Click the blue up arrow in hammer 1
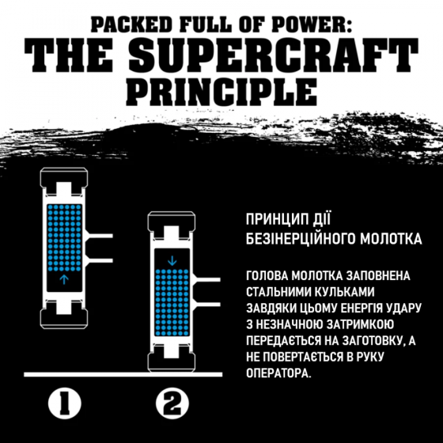64,278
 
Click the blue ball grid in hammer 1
64,237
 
